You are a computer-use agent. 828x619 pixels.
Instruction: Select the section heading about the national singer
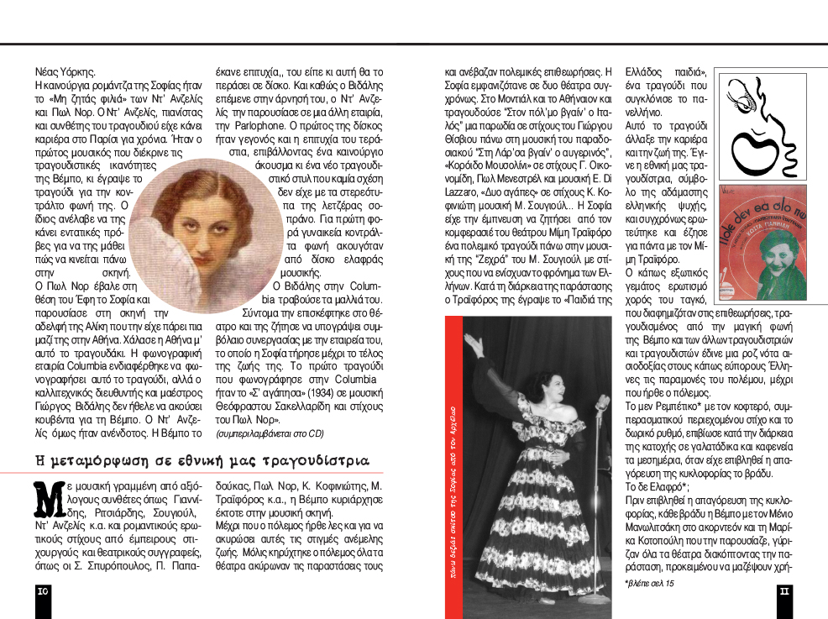point(202,461)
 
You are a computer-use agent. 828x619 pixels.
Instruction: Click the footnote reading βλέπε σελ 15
point(649,583)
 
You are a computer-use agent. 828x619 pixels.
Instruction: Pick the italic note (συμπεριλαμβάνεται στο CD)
point(269,433)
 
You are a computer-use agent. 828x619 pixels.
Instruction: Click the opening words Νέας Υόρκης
point(66,72)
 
